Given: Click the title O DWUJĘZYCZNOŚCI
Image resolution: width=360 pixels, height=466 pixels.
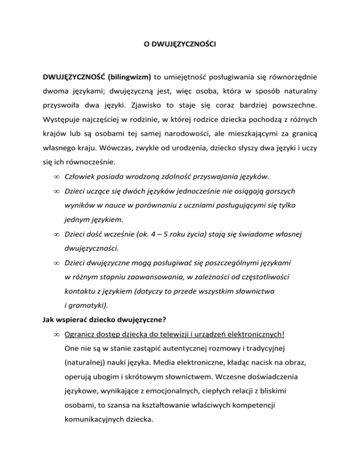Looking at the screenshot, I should pos(180,46).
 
